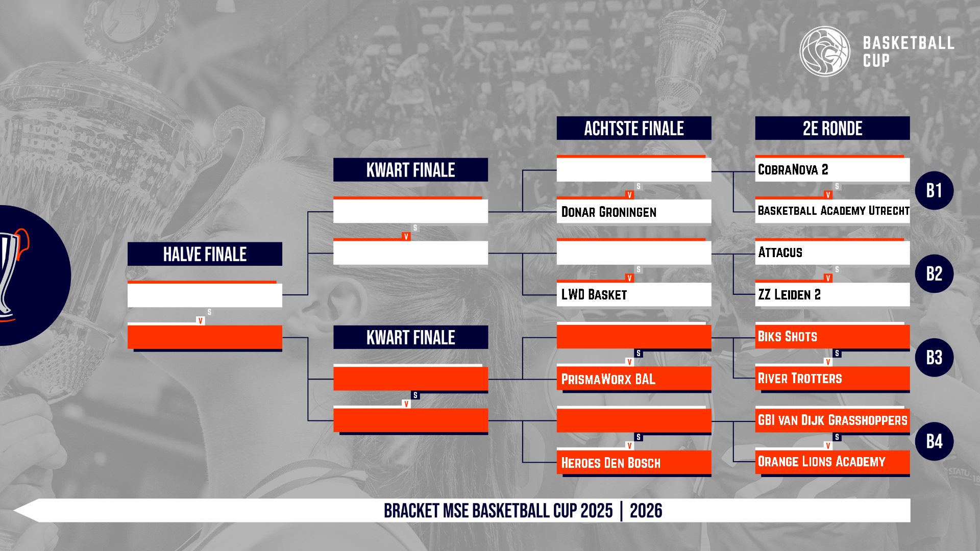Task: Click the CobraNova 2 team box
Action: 832,169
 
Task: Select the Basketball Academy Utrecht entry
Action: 832,211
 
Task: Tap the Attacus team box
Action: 832,253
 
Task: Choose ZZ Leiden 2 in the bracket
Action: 832,294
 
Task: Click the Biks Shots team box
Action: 832,337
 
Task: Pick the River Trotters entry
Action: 832,379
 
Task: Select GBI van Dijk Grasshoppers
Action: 832,420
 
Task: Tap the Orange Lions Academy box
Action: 832,462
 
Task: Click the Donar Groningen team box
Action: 634,211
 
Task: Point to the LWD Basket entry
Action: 634,294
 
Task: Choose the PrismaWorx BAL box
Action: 634,379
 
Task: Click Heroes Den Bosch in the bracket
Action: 634,462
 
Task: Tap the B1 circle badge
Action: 934,190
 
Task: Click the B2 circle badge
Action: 934,274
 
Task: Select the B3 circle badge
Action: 934,358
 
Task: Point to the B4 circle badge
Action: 934,441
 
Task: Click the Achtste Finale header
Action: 634,128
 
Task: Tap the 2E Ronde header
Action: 832,128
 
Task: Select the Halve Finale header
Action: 205,254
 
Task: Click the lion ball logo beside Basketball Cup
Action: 825,52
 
